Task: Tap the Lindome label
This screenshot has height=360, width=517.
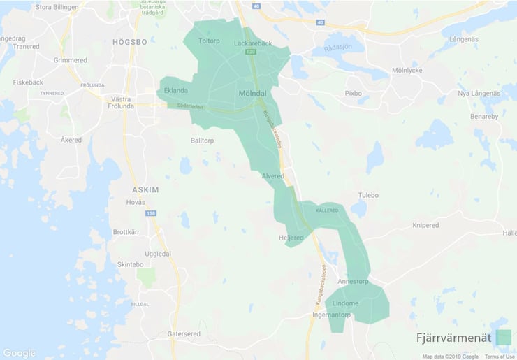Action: point(346,303)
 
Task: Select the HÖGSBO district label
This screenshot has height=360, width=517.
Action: point(130,42)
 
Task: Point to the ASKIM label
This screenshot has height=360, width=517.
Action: point(145,189)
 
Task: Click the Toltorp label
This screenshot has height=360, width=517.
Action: point(209,41)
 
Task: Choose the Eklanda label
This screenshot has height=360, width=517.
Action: point(175,91)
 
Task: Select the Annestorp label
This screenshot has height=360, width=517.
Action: point(352,282)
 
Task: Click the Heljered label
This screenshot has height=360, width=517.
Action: point(291,238)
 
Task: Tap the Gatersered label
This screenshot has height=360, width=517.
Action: point(184,334)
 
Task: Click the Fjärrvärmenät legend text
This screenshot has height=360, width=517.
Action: point(453,338)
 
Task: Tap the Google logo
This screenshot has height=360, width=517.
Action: point(19,353)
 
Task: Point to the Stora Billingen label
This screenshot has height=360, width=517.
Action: point(53,8)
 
